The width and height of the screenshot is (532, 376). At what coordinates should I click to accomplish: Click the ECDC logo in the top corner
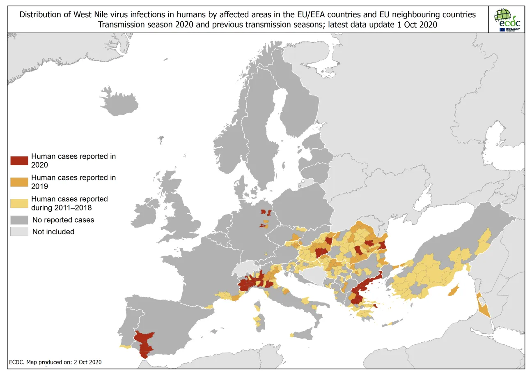(x=507, y=19)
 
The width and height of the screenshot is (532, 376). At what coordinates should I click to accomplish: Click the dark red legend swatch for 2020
(x=19, y=161)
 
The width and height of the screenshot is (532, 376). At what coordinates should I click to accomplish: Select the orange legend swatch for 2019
(x=19, y=182)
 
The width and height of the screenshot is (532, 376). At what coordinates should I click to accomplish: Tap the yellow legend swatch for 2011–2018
(x=19, y=203)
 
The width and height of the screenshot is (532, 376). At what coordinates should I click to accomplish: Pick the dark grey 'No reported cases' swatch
(x=19, y=220)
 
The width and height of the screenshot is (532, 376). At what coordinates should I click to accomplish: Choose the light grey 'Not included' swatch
(x=19, y=232)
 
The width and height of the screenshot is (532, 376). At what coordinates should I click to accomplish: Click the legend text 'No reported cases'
(x=63, y=220)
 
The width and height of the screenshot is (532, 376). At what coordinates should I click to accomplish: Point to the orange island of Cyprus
(x=453, y=291)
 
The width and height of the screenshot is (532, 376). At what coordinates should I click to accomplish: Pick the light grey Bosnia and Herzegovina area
(x=316, y=274)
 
